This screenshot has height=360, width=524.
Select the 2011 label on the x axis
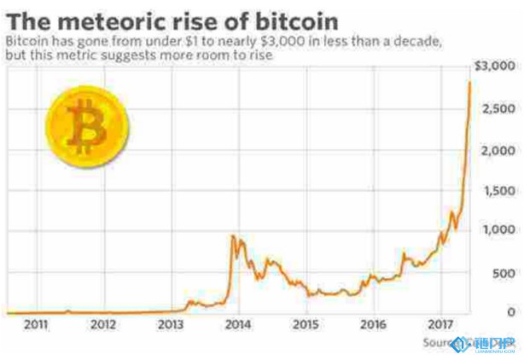(36, 325)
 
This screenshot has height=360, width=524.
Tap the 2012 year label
(103, 325)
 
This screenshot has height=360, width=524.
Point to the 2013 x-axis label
(171, 325)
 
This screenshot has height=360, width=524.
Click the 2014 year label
(238, 325)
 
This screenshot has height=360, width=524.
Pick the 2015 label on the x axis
(306, 325)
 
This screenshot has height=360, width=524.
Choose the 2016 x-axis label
(373, 325)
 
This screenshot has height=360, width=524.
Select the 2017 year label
(440, 325)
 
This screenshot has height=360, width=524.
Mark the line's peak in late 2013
(233, 235)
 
